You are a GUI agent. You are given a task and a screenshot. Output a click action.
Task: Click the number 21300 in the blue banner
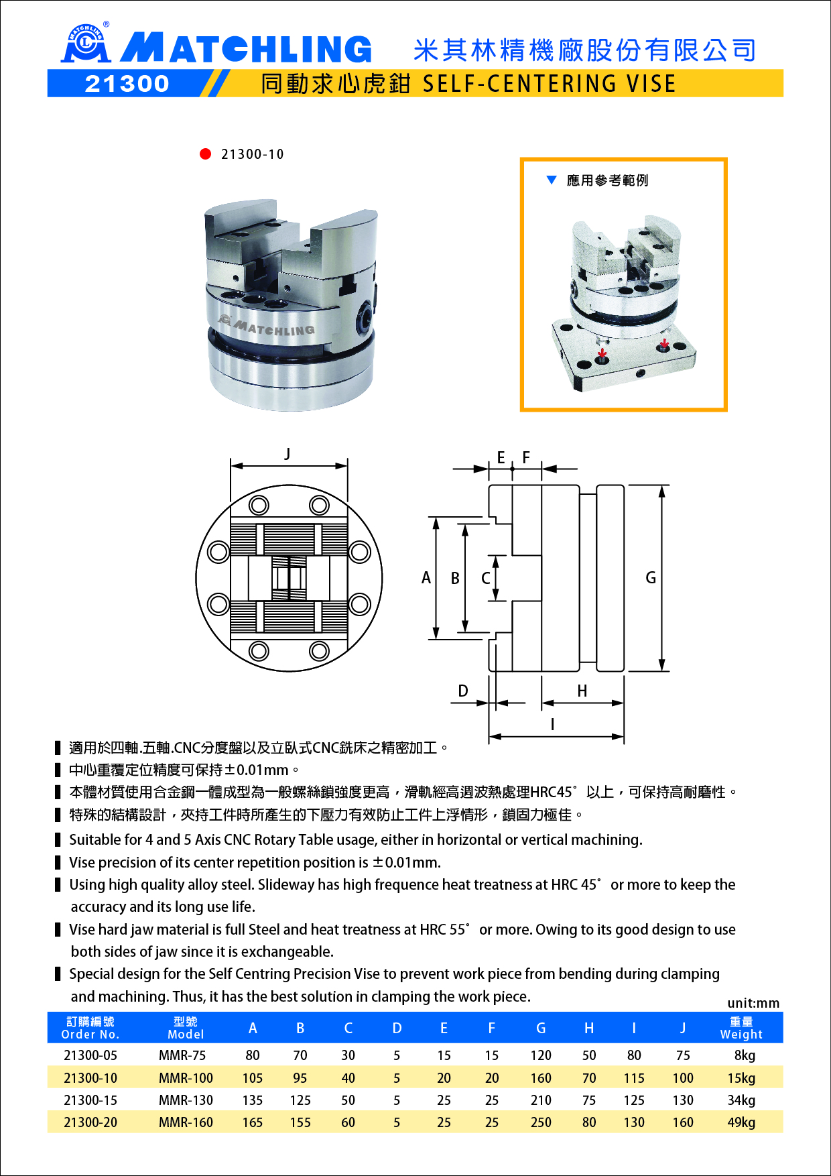127,84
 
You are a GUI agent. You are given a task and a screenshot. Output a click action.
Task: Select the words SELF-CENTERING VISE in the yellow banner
549,84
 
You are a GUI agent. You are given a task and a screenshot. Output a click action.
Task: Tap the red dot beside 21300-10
206,154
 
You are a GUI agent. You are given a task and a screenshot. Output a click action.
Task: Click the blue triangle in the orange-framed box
552,180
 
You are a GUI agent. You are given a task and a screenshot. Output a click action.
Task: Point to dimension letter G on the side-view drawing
650,578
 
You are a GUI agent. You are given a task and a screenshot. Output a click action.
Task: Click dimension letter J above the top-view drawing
287,454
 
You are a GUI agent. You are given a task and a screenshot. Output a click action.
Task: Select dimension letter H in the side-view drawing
582,691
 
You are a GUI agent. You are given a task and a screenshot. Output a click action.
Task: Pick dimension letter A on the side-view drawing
426,578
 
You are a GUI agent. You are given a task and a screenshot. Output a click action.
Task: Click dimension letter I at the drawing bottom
552,724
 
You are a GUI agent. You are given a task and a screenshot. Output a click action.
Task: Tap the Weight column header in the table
741,1028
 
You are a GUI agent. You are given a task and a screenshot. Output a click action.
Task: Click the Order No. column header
90,1028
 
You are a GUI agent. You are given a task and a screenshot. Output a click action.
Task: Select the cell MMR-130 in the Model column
186,1100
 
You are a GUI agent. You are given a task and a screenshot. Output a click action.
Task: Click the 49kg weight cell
741,1122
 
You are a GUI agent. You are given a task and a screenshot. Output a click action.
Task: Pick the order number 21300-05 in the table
90,1055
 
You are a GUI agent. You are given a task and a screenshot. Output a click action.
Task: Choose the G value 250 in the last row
541,1122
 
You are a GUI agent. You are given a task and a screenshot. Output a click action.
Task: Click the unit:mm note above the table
753,1003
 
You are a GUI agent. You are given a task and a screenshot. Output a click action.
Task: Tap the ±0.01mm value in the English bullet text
407,862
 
